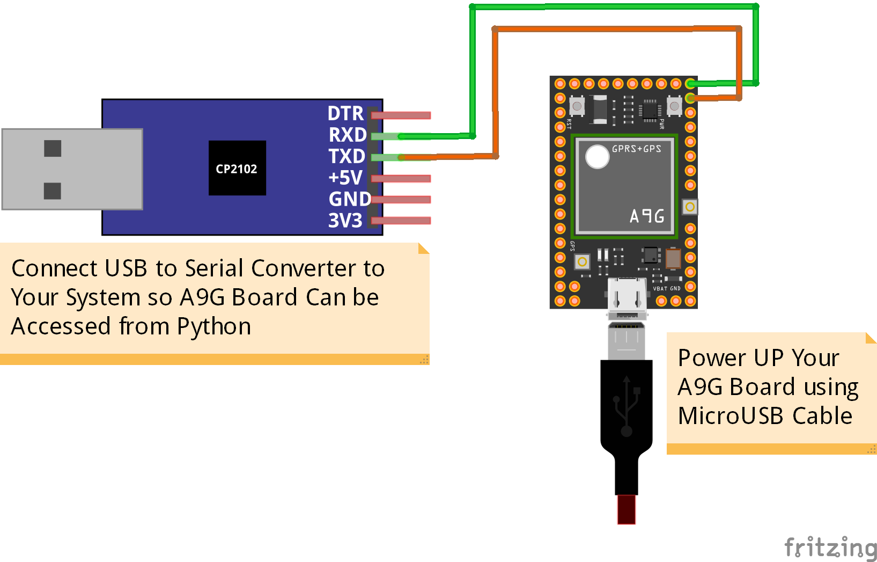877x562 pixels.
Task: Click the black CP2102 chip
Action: (237, 168)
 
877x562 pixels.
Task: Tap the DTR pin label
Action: (345, 113)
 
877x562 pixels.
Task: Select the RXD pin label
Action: (347, 135)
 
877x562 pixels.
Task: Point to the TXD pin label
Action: (347, 156)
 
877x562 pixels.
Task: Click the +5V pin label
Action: (345, 178)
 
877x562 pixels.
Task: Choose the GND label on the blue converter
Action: (349, 199)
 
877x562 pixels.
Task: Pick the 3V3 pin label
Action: (345, 221)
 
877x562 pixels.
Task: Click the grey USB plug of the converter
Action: (72, 169)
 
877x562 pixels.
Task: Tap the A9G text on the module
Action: (647, 216)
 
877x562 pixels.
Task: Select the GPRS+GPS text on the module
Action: (636, 149)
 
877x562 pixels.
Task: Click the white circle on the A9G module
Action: (597, 157)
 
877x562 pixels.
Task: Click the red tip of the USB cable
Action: (626, 509)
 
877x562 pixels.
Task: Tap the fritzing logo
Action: (830, 548)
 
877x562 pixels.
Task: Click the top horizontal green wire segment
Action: (614, 7)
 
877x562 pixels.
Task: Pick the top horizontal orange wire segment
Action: (617, 28)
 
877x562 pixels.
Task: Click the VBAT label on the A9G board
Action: (660, 289)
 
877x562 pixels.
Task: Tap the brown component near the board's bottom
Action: (673, 259)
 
